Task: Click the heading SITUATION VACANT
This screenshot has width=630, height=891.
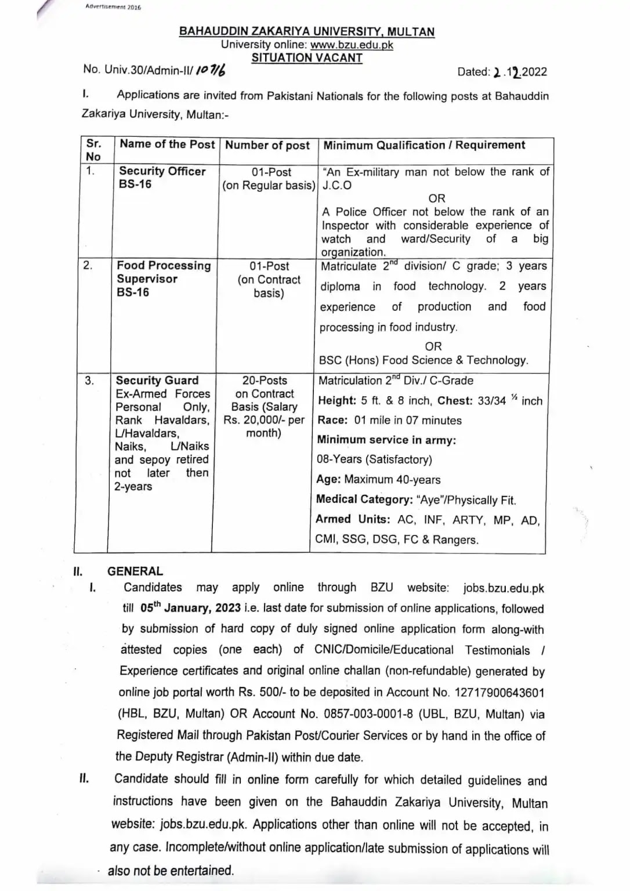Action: (x=307, y=58)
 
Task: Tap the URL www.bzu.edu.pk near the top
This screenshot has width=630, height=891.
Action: (x=352, y=45)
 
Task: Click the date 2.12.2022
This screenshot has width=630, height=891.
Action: (x=519, y=72)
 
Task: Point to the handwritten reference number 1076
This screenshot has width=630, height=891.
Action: (x=211, y=70)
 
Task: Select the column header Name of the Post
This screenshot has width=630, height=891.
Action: (x=167, y=144)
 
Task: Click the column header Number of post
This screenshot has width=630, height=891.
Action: (x=267, y=146)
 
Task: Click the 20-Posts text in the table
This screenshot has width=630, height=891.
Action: (x=265, y=381)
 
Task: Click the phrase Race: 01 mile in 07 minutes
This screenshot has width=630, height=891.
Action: (x=389, y=420)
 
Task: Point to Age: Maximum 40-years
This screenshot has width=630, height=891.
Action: (x=378, y=480)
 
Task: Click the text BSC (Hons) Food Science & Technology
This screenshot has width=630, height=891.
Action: (x=423, y=360)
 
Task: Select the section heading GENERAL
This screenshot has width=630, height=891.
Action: (x=135, y=571)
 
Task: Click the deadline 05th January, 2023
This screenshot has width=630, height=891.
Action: (x=190, y=608)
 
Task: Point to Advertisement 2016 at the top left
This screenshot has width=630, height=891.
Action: (x=113, y=7)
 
